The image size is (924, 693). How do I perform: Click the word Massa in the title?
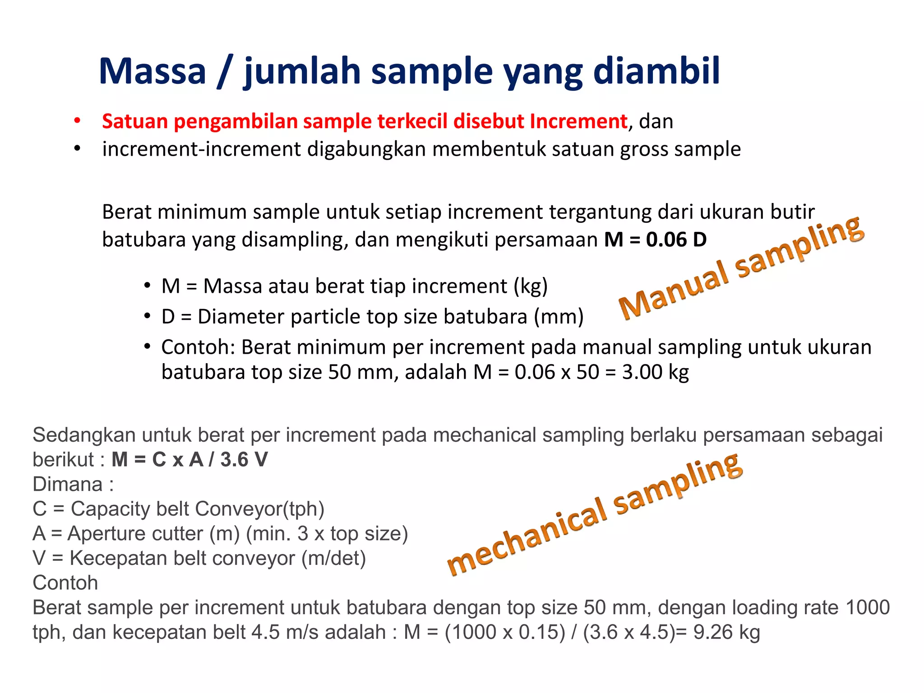[152, 71]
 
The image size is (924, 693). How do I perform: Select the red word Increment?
[578, 121]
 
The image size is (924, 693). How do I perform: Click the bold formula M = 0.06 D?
[655, 240]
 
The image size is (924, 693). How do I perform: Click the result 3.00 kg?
[655, 372]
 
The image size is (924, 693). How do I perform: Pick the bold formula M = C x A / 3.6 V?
[189, 460]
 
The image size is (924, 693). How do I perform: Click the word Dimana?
[68, 485]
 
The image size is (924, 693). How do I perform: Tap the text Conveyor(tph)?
[259, 509]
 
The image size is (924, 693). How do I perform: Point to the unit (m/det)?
[333, 559]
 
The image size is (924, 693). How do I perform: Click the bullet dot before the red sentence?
[77, 121]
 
